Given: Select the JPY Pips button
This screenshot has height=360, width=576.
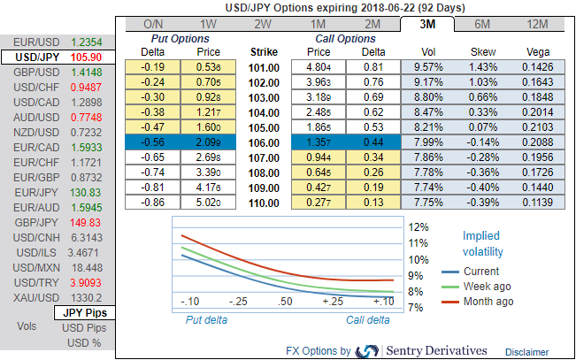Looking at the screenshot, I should point(81,313).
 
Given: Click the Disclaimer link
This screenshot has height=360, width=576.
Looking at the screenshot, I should point(527,351).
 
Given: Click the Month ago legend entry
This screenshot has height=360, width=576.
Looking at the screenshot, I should point(488,302).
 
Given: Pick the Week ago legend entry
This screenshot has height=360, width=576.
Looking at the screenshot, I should point(487,287).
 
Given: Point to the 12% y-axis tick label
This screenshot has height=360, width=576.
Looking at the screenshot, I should point(419,226).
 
